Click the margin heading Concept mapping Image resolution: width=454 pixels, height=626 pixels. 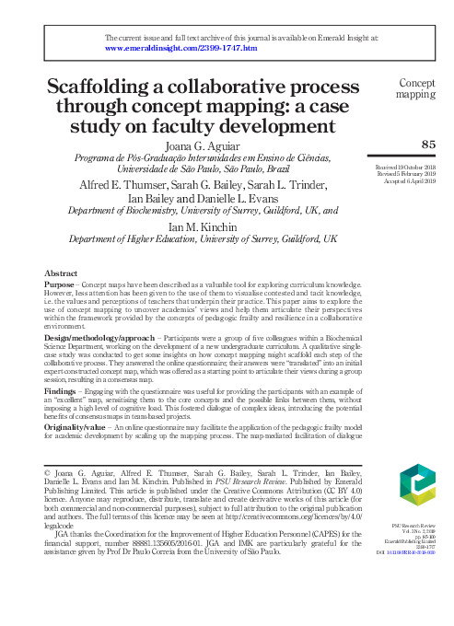click(x=415, y=87)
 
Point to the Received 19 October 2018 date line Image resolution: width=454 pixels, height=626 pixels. click(x=405, y=166)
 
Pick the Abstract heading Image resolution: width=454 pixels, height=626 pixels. click(x=63, y=273)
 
